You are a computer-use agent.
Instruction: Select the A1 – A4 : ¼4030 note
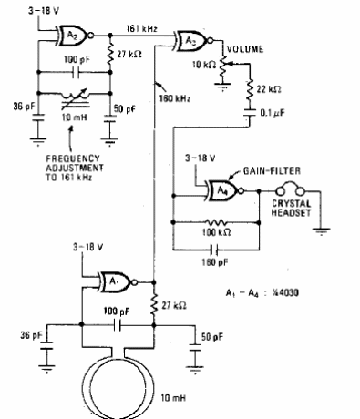261,294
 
